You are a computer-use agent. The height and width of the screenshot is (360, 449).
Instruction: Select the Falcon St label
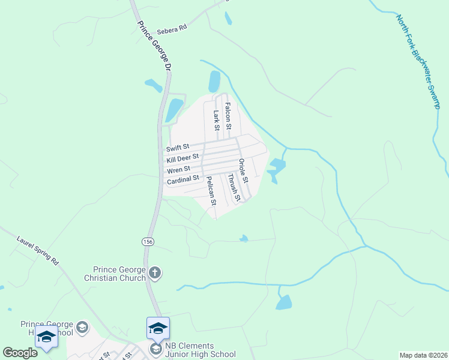[228, 116]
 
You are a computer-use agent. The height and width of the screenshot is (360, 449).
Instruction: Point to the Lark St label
[217, 119]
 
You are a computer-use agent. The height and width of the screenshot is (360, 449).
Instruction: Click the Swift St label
[178, 147]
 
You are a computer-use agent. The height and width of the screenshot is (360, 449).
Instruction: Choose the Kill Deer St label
[182, 158]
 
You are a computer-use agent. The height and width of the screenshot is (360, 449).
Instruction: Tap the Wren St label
[178, 169]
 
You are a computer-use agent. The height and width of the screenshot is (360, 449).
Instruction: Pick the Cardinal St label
[183, 179]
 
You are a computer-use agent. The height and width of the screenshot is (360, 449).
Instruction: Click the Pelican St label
[211, 190]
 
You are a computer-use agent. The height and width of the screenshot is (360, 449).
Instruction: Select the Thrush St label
[234, 187]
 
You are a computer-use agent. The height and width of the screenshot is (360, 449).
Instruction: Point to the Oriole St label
[243, 171]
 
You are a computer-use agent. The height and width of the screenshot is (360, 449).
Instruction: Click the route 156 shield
[148, 241]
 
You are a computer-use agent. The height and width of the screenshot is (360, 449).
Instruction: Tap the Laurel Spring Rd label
[37, 253]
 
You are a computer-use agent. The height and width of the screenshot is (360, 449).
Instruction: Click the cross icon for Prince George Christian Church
[155, 274]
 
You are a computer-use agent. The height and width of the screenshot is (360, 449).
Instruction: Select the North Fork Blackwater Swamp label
[419, 61]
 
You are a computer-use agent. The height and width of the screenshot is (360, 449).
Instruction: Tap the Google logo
[20, 353]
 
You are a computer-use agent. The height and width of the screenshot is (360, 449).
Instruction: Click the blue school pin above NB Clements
[158, 328]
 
